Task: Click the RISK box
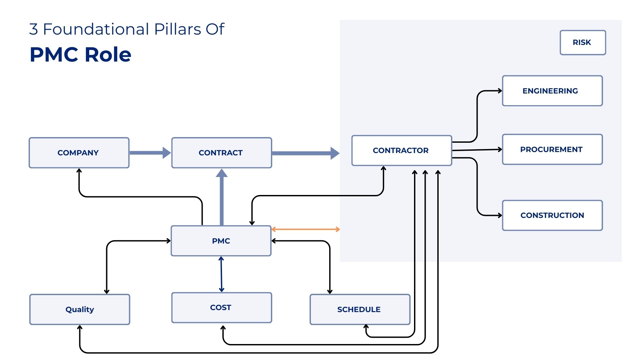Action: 582,43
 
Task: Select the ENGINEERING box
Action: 552,91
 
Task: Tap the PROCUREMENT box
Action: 552,149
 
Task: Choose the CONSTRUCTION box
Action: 552,215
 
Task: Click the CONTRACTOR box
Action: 401,150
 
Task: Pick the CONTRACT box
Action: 221,153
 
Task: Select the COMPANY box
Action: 79,153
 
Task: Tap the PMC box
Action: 221,241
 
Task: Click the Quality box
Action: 80,309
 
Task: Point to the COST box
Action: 221,308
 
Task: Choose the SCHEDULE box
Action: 360,309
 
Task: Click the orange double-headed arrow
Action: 306,229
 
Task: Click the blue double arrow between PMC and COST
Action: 221,274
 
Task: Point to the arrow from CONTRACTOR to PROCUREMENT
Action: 477,150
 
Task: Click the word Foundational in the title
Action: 96,29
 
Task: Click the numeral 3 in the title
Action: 33,29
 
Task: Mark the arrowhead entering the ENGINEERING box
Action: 500,91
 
